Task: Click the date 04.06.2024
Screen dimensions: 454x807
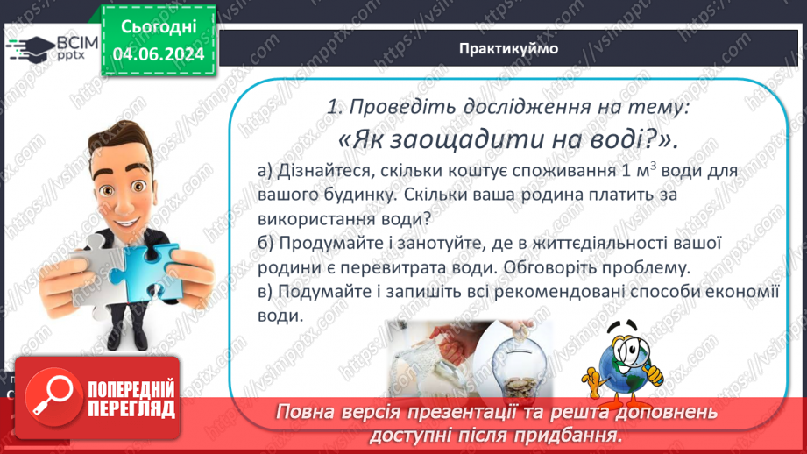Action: click(x=159, y=53)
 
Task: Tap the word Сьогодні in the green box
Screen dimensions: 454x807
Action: click(x=159, y=26)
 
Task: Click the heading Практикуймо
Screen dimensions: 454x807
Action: click(x=508, y=48)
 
